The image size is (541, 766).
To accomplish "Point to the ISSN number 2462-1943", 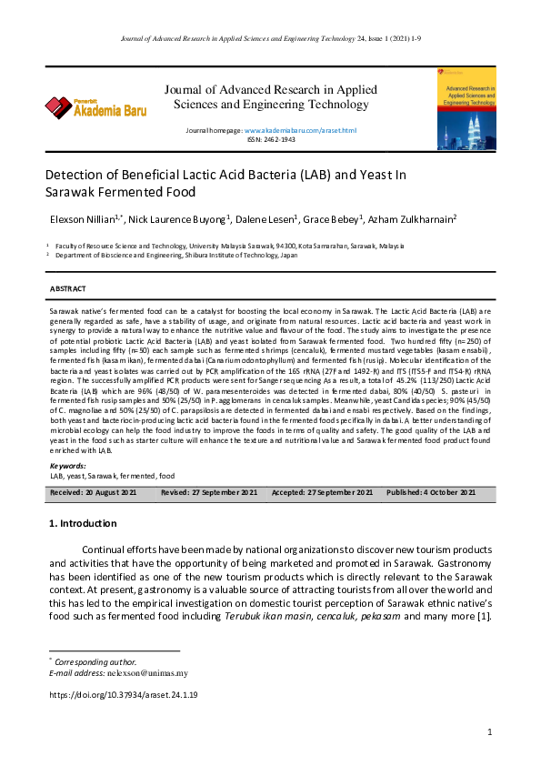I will (271, 140).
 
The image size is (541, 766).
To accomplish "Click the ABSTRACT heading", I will (68, 288).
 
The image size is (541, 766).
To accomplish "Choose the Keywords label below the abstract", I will (68, 466).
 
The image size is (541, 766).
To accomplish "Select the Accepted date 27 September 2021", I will (322, 492).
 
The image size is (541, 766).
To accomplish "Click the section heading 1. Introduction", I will (82, 524).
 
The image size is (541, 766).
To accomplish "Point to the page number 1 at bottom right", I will (489, 731).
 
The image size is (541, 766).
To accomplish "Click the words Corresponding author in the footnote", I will (95, 661).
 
